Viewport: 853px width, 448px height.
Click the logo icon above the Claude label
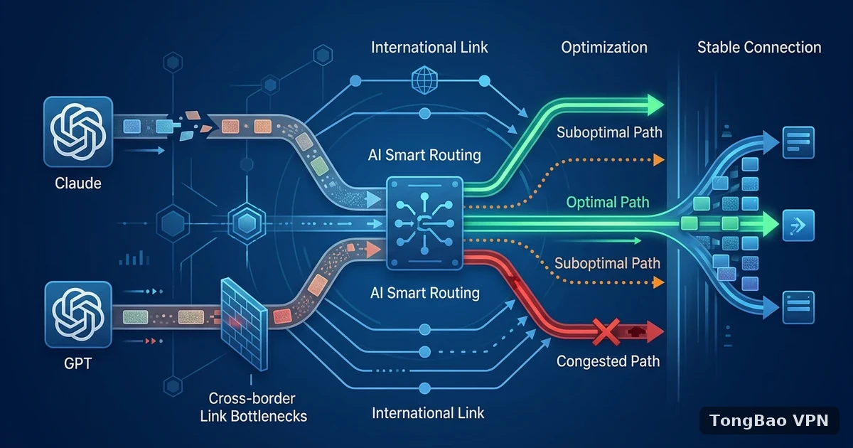pos(78,132)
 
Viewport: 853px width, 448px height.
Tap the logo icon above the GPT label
pos(78,314)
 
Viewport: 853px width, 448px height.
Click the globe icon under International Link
pos(424,80)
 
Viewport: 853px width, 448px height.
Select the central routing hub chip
pos(424,223)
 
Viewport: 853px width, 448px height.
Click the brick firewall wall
pos(244,324)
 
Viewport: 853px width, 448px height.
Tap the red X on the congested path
pos(606,332)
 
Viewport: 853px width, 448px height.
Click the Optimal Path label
pos(607,202)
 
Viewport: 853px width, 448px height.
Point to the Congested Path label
pos(608,361)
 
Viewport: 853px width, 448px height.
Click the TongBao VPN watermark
pos(769,420)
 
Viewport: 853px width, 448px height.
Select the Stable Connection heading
pos(759,48)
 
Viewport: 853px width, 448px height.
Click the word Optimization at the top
pos(604,48)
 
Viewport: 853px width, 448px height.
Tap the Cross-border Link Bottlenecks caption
pos(253,407)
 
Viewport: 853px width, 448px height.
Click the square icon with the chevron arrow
pos(798,225)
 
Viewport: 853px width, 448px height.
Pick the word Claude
pos(78,183)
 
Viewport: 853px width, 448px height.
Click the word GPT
pos(77,363)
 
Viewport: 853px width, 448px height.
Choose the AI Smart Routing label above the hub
pos(424,155)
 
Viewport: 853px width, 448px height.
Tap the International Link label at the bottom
pos(428,413)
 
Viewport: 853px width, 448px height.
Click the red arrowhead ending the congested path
pos(655,332)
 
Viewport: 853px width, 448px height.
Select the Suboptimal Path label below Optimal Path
pos(607,263)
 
